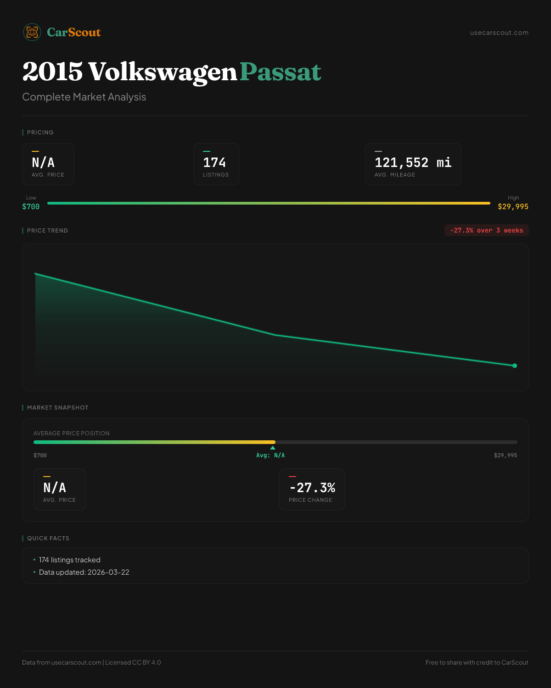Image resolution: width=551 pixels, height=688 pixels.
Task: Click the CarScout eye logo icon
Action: (x=32, y=32)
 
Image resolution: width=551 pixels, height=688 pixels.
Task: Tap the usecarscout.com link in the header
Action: (x=499, y=33)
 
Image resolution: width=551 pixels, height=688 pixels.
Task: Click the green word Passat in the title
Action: (x=280, y=72)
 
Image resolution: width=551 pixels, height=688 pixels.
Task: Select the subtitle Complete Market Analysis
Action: (x=84, y=97)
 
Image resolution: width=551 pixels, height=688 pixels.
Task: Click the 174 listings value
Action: (x=214, y=162)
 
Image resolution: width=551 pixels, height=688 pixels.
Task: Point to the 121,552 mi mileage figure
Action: (x=413, y=162)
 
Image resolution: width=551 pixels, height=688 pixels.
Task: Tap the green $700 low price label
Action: (x=31, y=206)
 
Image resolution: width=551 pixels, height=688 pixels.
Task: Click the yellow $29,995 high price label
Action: (x=513, y=206)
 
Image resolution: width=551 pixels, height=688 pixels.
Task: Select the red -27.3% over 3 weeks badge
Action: (x=486, y=230)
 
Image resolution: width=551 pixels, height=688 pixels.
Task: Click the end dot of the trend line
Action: (x=514, y=366)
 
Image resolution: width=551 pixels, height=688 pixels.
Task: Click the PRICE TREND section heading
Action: (x=47, y=231)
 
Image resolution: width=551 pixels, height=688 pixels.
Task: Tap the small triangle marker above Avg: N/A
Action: (x=273, y=448)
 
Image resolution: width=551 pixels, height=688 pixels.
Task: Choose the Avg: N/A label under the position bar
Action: (x=270, y=455)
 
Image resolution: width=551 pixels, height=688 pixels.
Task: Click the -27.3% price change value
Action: (x=312, y=488)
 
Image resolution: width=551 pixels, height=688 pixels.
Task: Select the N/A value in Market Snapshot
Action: (x=55, y=488)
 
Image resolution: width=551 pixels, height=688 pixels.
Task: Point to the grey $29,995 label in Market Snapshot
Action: (x=505, y=455)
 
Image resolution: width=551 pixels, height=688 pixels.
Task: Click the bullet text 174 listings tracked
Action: (x=70, y=560)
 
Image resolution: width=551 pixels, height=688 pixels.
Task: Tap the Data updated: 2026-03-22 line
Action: (x=84, y=572)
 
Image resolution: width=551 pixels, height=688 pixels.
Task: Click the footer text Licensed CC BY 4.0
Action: (x=133, y=662)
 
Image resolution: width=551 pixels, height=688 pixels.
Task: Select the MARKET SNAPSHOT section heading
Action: (x=57, y=408)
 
